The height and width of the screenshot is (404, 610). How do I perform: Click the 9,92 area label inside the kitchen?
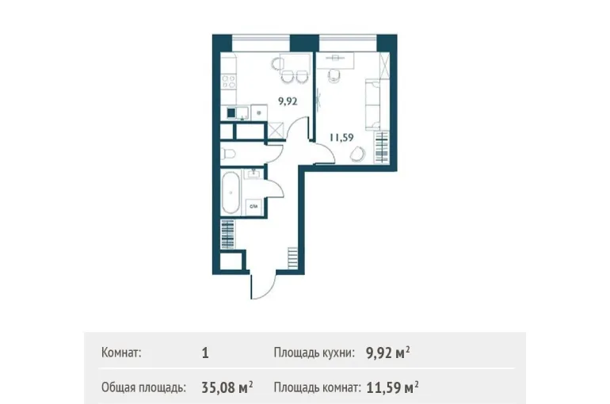pos(288,102)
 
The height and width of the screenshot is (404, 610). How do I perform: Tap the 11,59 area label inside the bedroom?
pos(341,138)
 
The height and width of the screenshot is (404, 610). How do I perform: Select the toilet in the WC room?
pos(228,154)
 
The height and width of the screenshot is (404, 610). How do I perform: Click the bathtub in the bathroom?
pos(231,192)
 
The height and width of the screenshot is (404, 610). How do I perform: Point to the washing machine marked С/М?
pos(254,207)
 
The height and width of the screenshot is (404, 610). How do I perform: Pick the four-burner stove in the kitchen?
pos(228,82)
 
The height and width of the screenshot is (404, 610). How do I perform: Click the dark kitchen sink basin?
pos(231,112)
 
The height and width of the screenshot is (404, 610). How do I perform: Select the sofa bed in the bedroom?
pos(372,105)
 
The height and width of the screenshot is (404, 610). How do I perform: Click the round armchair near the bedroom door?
pos(357,154)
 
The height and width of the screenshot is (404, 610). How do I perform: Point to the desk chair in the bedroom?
pos(334,75)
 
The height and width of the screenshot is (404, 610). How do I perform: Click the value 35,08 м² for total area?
pos(227,387)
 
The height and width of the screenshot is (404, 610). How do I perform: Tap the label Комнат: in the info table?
pos(121,353)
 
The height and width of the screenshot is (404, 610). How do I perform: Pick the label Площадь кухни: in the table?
pos(315,353)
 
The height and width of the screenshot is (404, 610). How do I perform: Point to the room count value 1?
pos(205,353)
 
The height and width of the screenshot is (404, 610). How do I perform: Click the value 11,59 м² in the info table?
pos(392,387)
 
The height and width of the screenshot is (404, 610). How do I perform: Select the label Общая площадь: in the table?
pos(143,387)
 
